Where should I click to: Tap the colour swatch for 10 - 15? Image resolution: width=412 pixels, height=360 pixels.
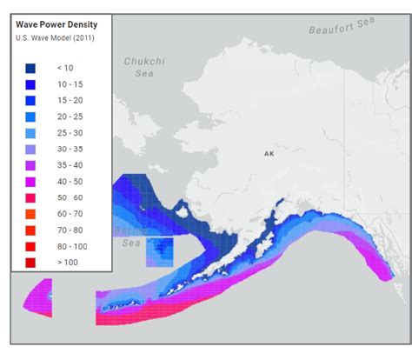30,84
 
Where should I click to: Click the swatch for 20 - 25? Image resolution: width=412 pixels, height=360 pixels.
30,117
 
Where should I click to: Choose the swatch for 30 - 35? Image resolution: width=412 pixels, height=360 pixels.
30,149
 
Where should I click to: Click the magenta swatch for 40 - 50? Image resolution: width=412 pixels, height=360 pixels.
30,181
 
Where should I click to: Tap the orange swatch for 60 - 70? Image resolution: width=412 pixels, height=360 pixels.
30,213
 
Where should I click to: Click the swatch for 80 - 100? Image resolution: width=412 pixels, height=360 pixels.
30,245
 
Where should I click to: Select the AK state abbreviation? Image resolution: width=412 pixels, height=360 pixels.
269,153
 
